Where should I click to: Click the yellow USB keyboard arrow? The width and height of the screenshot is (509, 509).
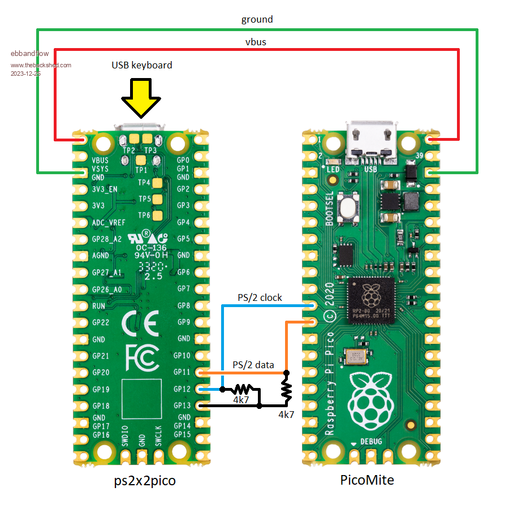(141, 96)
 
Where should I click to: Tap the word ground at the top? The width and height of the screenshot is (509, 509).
(257, 19)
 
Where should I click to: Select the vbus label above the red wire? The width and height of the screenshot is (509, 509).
(256, 41)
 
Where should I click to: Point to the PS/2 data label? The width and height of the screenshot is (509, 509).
(253, 365)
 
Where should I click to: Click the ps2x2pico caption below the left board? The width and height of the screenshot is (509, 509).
(144, 481)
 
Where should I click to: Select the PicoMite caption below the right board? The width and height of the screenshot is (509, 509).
(367, 480)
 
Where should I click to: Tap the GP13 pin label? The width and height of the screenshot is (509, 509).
(183, 406)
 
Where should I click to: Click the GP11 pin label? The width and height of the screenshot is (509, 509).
(183, 372)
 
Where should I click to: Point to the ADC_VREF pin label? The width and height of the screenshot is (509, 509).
(109, 222)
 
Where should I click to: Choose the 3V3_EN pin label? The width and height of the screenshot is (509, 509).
(105, 189)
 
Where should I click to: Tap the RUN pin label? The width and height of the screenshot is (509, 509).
(98, 306)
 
